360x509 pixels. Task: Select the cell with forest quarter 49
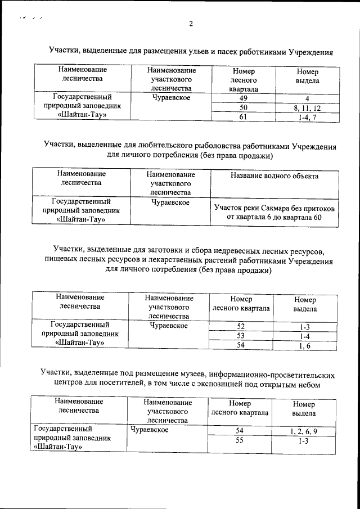tap(244, 98)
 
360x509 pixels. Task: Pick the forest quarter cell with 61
tap(244, 117)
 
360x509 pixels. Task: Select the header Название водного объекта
tap(274, 176)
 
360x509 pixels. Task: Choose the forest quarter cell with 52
tap(241, 326)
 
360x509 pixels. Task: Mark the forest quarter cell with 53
tap(241, 336)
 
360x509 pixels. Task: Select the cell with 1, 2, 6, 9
tap(304, 431)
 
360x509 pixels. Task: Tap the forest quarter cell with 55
tap(240, 442)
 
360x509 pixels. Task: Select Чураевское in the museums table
tap(150, 430)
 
